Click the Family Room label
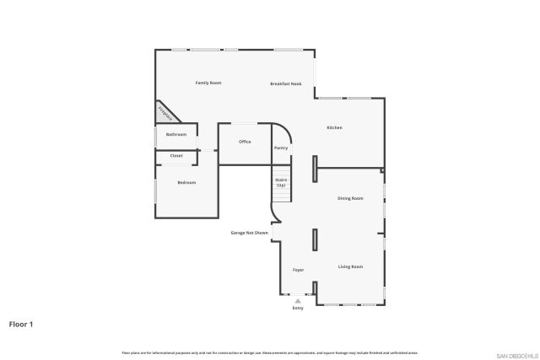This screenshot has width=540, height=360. [x=208, y=83]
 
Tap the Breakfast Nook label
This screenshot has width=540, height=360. [x=286, y=83]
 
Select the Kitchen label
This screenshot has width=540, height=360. [x=334, y=127]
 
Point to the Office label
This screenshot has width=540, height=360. [x=245, y=142]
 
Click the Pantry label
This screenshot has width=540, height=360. [x=281, y=148]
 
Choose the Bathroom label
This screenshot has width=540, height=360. [x=175, y=135]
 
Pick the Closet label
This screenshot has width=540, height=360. [x=176, y=156]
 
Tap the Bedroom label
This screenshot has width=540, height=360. [x=186, y=183]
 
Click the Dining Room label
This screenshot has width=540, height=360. [x=350, y=198]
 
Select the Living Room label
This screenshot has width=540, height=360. [x=350, y=266]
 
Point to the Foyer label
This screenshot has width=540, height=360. [x=298, y=270]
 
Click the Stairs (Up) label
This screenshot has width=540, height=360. [x=281, y=182]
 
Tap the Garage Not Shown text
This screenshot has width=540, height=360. [x=250, y=233]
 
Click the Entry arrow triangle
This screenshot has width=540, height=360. [x=297, y=300]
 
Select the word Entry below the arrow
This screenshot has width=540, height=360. [x=297, y=309]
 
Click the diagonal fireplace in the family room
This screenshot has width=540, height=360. [x=165, y=112]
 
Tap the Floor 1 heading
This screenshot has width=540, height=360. [x=20, y=324]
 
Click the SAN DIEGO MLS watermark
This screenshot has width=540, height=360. [x=516, y=355]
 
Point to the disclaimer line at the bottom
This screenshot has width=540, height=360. [x=270, y=352]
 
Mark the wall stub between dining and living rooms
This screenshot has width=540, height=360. [x=315, y=240]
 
